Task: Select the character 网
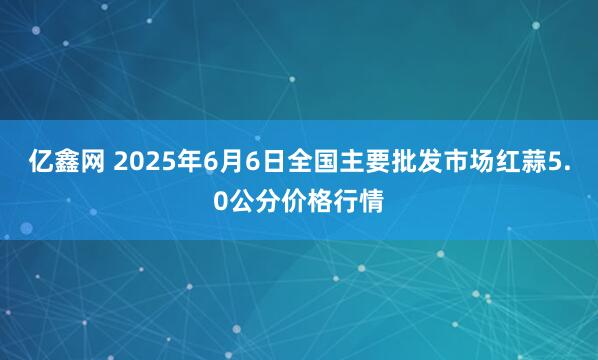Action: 83,163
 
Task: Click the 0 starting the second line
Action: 220,197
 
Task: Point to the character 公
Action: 242,197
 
